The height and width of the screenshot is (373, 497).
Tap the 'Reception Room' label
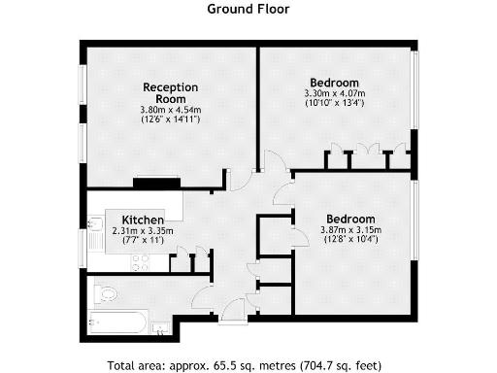(x=170, y=92)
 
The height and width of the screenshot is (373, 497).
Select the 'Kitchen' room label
(x=142, y=220)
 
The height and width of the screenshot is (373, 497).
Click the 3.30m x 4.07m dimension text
(x=334, y=93)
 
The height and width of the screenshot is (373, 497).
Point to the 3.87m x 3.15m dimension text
(x=351, y=229)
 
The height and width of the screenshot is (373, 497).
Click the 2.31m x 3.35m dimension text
(x=143, y=231)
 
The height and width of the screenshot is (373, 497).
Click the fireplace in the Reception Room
(x=155, y=182)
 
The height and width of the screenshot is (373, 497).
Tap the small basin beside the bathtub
(x=159, y=328)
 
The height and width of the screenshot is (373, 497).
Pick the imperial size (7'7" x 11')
(x=143, y=241)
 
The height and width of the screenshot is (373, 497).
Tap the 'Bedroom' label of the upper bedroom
(x=334, y=82)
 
